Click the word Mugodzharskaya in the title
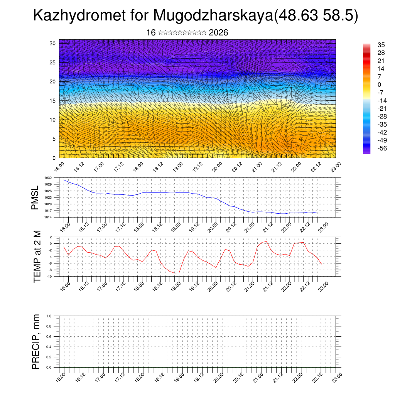point(213,16)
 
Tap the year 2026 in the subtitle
point(218,33)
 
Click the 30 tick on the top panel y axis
point(53,43)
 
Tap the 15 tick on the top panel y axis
point(53,101)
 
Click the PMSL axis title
point(35,198)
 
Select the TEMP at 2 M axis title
point(37,257)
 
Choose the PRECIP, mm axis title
point(36,341)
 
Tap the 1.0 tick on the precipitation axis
point(54,316)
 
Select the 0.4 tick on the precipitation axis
point(54,347)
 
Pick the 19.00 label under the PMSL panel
point(177,226)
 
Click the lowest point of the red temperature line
point(177,273)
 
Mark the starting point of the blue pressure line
point(64,180)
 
